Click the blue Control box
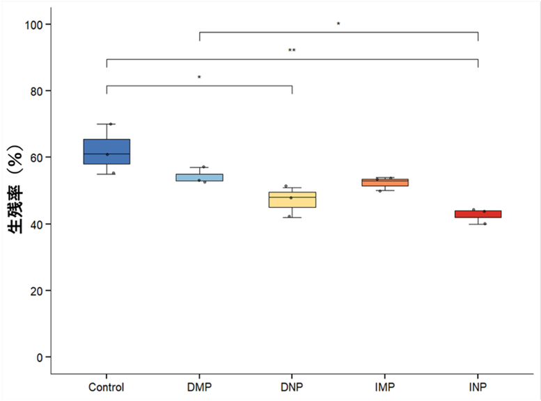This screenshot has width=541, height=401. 107,152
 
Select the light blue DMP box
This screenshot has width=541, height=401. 199,177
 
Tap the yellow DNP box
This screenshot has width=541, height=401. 292,199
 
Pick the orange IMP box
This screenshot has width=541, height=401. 385,182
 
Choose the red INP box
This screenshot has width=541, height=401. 478,214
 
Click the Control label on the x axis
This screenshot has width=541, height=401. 107,387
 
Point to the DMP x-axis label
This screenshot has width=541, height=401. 199,387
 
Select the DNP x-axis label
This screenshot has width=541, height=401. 292,387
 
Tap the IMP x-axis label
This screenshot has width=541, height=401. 385,387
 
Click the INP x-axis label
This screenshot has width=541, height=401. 478,387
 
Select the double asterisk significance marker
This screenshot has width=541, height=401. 292,51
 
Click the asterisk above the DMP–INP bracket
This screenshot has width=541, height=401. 338,24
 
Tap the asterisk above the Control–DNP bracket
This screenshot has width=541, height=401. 199,77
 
